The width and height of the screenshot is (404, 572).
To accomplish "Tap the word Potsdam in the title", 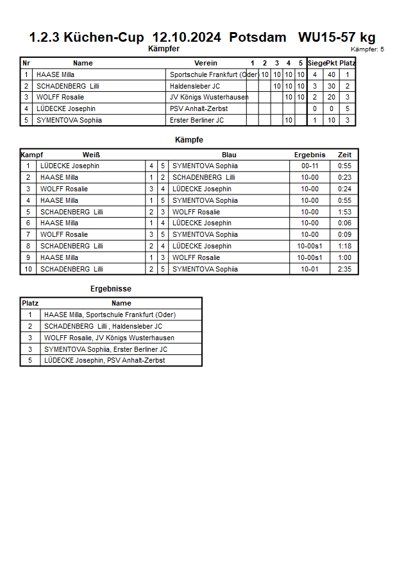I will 258,37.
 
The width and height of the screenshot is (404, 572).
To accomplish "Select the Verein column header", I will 206,63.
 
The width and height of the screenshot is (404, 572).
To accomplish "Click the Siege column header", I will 316,63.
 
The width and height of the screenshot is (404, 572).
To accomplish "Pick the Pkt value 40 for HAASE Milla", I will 332,74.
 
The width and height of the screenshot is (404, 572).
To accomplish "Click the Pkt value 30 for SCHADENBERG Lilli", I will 332,86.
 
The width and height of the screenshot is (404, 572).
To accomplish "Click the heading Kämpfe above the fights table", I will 189,139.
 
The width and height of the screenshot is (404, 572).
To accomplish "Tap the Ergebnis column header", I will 310,155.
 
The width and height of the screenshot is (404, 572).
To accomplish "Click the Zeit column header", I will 344,155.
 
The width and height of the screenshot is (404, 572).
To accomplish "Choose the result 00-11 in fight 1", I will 310,166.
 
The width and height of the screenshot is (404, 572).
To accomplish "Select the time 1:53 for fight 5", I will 344,212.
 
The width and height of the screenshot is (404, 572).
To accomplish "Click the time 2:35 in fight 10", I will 344,269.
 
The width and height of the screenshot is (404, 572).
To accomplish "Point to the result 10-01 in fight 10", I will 310,269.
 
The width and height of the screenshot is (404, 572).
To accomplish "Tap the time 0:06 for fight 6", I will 344,223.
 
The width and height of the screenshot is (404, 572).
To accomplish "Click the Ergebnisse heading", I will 111,289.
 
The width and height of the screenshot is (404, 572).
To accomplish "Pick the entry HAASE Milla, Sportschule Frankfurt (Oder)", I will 110,315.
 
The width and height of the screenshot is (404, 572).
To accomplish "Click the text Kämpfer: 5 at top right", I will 367,49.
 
